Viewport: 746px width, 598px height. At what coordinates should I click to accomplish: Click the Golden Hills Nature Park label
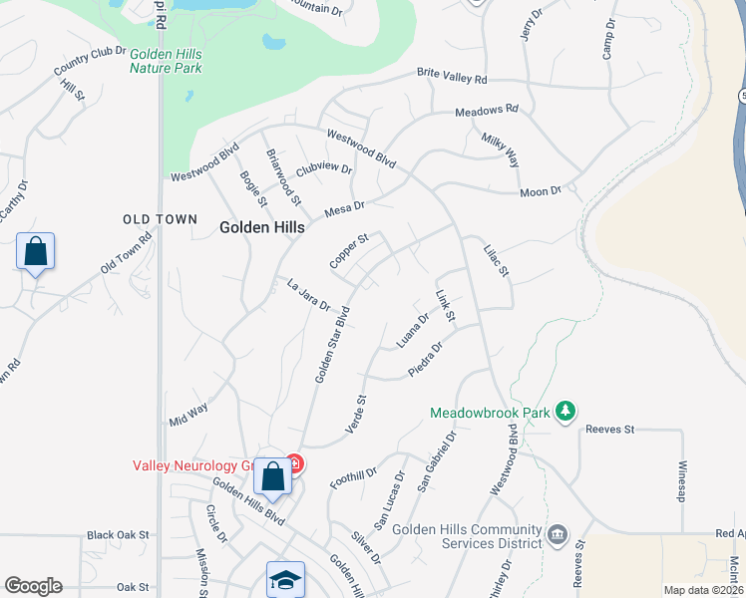[166, 61]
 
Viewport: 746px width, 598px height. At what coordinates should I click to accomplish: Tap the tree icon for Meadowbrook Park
[565, 411]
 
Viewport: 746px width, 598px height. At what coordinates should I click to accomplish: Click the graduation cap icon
[284, 579]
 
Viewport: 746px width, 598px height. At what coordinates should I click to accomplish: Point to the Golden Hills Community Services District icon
[557, 536]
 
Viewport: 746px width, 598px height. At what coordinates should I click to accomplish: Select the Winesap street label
[683, 481]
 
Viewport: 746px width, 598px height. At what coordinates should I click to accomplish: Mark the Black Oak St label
[118, 535]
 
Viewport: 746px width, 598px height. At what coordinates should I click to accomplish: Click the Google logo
[33, 586]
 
